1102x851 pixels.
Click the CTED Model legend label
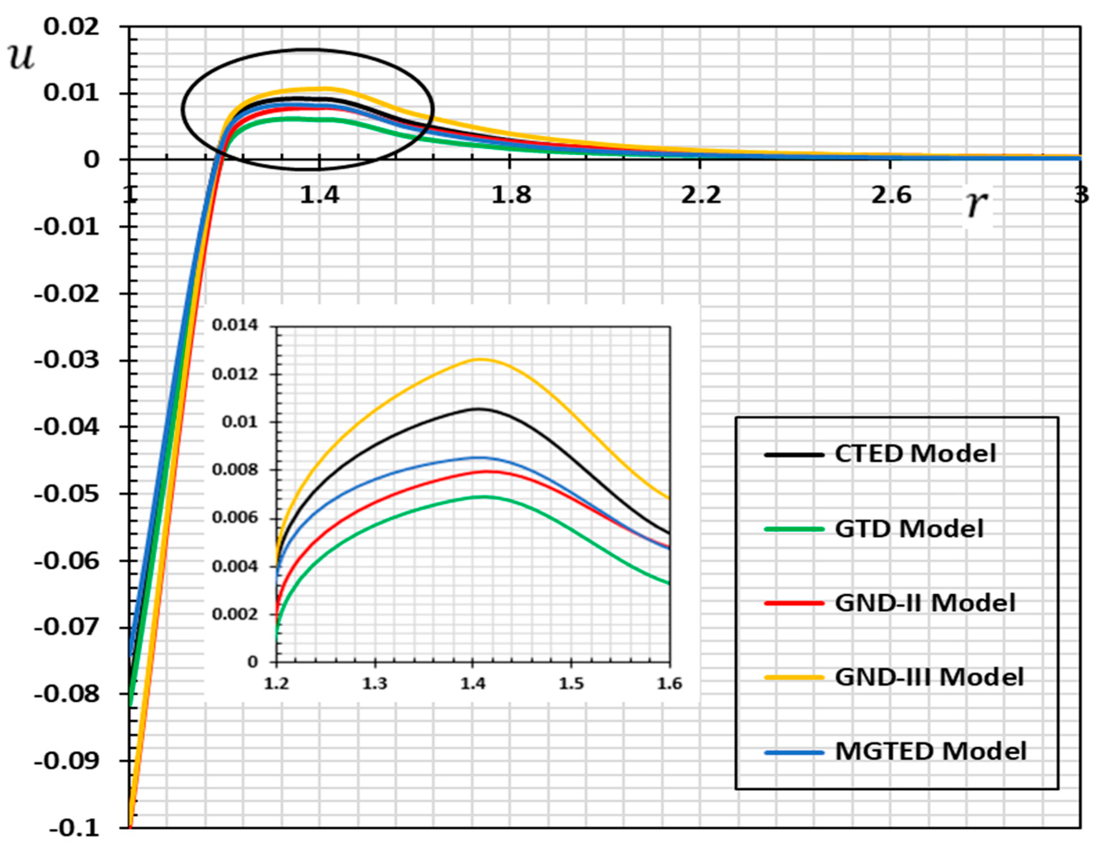[915, 453]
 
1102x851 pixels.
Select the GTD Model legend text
[909, 529]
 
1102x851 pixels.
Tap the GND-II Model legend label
[925, 603]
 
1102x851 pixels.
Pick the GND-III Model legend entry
[929, 677]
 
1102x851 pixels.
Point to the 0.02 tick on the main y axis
[72, 26]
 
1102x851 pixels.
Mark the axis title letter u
[21, 57]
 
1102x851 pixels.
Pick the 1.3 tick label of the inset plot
[375, 684]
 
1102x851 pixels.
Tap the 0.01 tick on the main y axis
[72, 93]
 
